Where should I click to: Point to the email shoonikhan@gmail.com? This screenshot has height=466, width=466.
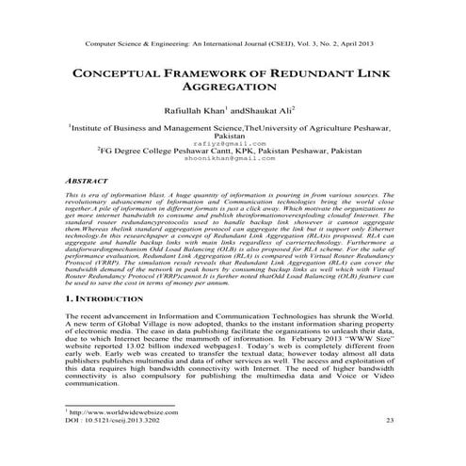click(x=233, y=159)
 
